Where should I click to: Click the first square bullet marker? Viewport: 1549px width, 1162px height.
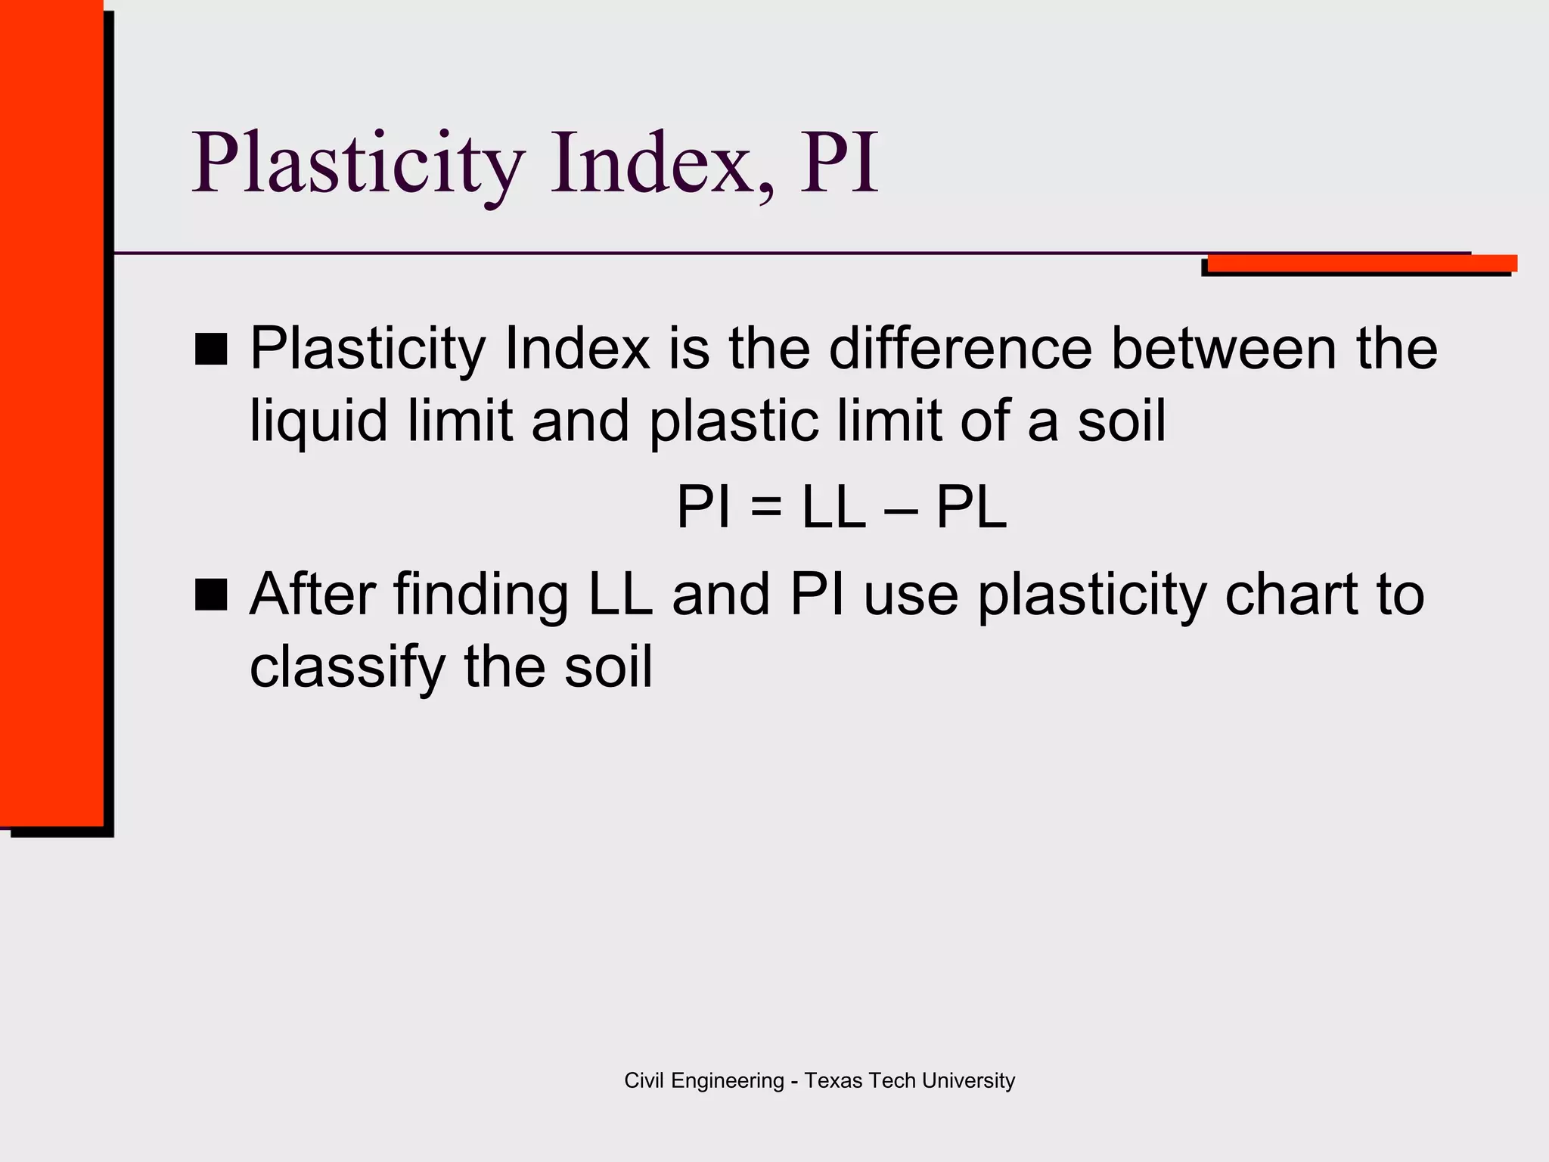click(x=211, y=350)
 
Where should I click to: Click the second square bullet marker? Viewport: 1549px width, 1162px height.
click(x=211, y=595)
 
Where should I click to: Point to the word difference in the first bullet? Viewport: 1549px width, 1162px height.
click(x=961, y=349)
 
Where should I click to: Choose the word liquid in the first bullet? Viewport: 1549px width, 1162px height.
click(x=318, y=421)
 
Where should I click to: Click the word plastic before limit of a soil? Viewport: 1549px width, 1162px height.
click(x=734, y=421)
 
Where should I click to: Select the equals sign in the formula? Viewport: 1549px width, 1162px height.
click(x=766, y=508)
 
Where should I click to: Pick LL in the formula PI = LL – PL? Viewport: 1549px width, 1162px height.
click(x=833, y=508)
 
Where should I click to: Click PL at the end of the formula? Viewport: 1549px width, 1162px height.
click(x=972, y=508)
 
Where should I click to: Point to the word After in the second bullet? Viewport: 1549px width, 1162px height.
click(x=312, y=595)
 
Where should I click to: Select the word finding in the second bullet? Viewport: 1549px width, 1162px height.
click(x=481, y=595)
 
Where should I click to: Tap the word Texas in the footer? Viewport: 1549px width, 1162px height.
click(x=833, y=1080)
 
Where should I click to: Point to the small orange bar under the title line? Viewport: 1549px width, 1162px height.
click(x=1361, y=263)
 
